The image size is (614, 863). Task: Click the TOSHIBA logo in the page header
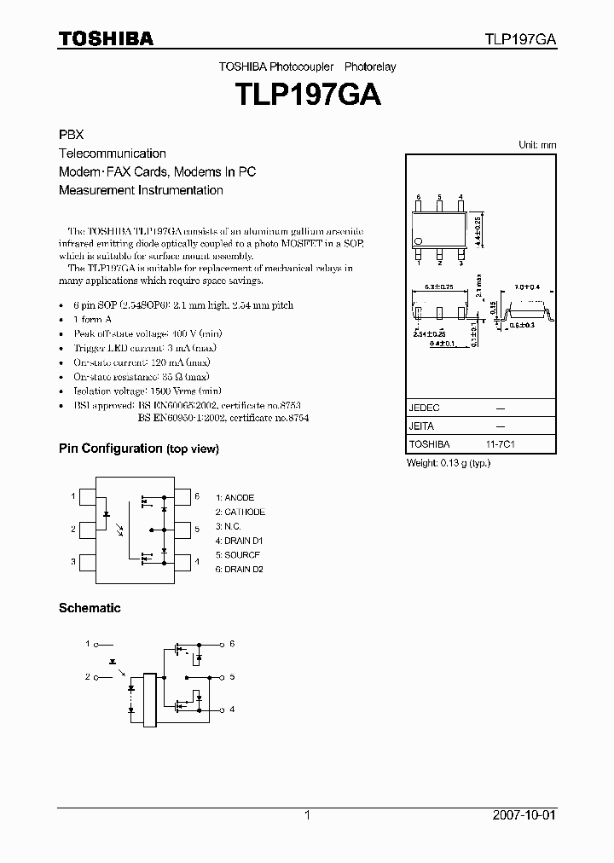coord(106,38)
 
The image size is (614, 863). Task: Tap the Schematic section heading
coord(90,608)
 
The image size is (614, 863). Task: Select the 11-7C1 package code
coord(501,444)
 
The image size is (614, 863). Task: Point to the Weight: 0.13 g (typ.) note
coord(448,462)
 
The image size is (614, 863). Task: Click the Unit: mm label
coord(537,145)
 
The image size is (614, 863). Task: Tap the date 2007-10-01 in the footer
coord(523,815)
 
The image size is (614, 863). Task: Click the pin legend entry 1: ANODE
coord(235,497)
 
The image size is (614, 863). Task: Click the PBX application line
coord(71,135)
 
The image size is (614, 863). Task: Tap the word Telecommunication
coord(113,153)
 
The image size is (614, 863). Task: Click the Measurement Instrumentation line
coord(141,190)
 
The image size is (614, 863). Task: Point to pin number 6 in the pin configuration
coord(197,495)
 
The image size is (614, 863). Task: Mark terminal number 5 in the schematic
coord(231,677)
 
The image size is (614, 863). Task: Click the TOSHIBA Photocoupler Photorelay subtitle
coord(307,67)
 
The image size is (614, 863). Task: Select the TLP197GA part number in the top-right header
coord(521,39)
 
